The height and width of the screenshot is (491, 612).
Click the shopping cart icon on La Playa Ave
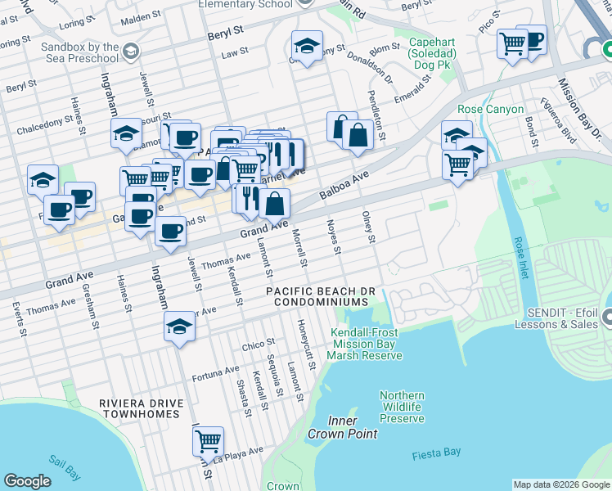pos(209,441)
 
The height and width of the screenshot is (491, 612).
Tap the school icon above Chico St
pos(179,327)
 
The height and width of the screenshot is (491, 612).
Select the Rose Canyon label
pos(479,109)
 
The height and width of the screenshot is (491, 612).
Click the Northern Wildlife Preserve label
pos(402,407)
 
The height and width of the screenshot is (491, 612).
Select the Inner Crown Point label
pos(332,426)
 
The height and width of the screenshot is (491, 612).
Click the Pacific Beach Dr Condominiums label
pos(322,297)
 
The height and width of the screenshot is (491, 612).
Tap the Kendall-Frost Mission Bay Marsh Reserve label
pos(367,344)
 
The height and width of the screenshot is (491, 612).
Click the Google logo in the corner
pos(27,481)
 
